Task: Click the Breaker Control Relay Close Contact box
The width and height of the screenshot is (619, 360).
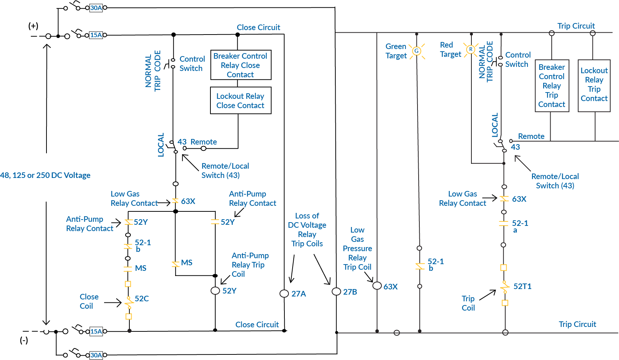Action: point(241,65)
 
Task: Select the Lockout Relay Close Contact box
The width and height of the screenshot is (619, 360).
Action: point(241,101)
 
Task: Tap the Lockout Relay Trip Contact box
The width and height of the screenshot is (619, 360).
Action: point(594,85)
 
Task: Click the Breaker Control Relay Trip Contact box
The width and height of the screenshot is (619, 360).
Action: point(551,85)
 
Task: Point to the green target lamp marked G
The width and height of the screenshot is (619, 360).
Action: point(416,51)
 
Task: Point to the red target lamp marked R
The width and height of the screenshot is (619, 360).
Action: point(471,49)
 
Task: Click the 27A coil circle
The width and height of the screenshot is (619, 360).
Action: point(284,293)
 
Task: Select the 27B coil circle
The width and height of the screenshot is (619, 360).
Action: point(336,292)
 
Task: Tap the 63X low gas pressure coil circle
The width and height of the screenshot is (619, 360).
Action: point(377,286)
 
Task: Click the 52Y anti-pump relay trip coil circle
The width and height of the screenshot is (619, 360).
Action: point(215,291)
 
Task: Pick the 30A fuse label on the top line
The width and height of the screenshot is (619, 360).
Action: point(96,7)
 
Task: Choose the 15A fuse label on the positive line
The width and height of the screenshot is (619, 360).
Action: point(96,35)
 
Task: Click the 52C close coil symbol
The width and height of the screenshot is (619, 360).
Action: point(129,302)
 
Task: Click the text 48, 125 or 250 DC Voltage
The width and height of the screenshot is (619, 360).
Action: point(45,175)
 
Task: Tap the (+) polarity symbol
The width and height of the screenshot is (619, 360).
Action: point(33,26)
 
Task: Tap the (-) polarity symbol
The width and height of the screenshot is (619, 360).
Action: point(24,340)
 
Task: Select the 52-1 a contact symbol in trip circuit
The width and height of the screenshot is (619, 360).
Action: point(503,223)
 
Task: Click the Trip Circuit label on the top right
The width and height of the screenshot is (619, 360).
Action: point(576,26)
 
